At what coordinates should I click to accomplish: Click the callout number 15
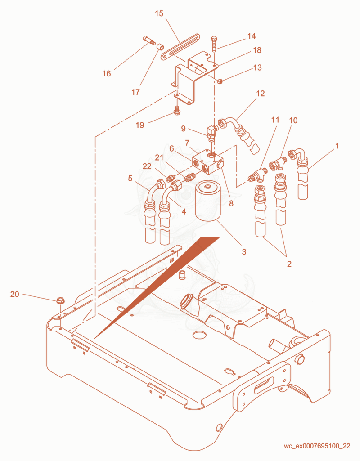(x=159, y=13)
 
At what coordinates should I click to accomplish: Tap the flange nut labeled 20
(x=60, y=300)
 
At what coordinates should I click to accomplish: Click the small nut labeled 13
(x=220, y=81)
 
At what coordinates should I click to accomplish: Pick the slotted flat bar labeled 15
(x=180, y=47)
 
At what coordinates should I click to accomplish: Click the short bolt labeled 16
(x=149, y=40)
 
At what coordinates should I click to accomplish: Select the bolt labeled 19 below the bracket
(x=177, y=111)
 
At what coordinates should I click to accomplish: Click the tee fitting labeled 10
(x=278, y=163)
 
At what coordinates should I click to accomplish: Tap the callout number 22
(x=147, y=166)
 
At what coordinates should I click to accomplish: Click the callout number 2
(x=289, y=264)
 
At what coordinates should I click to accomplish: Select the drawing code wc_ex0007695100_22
(x=317, y=446)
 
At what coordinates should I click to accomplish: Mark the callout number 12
(x=261, y=94)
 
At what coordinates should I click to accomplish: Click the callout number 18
(x=257, y=50)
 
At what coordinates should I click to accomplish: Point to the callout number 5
(x=130, y=179)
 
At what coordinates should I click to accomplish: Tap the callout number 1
(x=337, y=146)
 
